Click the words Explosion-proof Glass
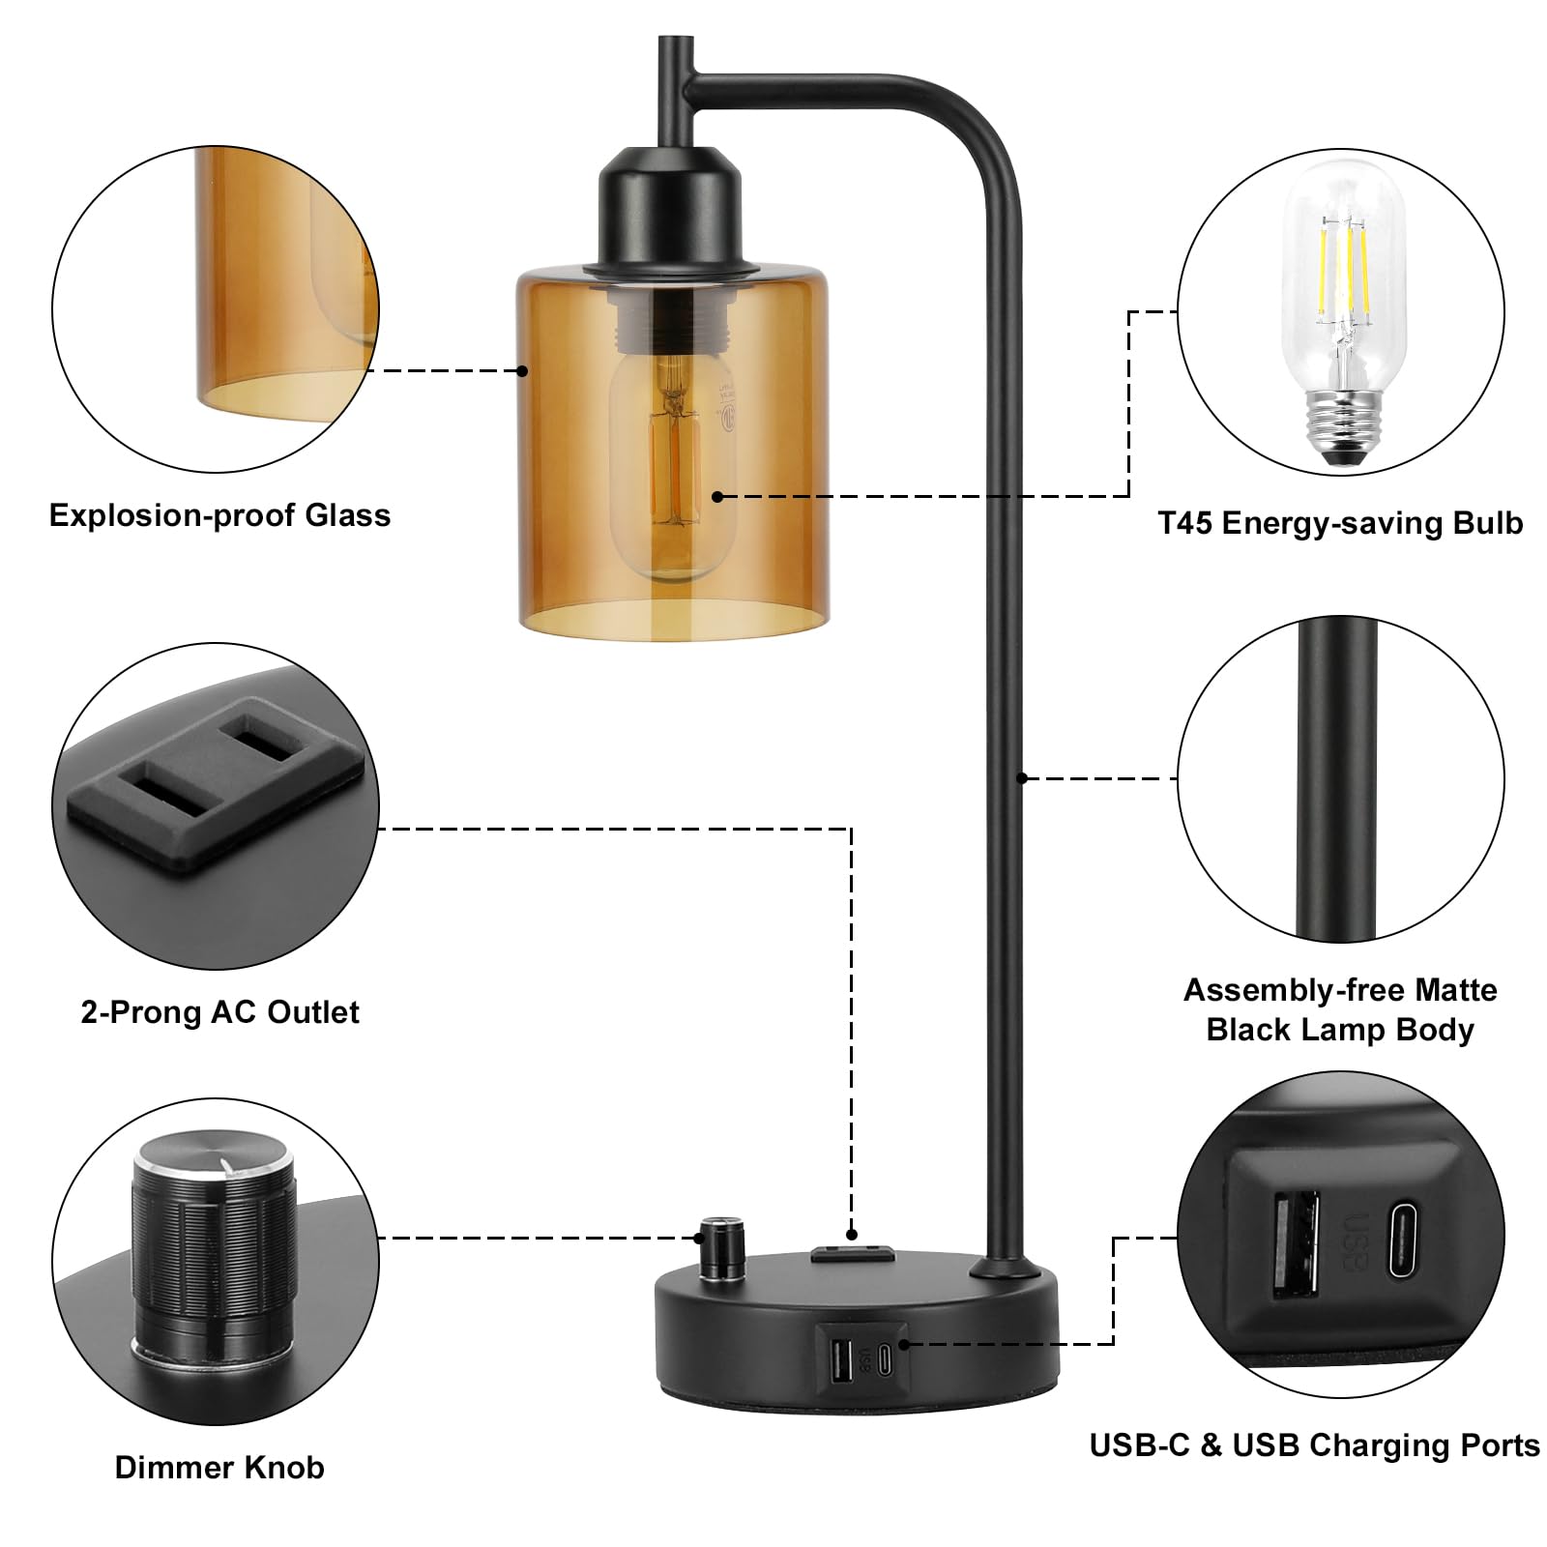219,515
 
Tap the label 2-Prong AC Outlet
219,1012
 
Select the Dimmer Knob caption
219,1467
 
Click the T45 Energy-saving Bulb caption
1340,523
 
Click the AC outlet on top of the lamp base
851,1254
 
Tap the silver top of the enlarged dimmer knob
214,1159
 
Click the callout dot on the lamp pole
1022,777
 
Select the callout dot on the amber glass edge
522,370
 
